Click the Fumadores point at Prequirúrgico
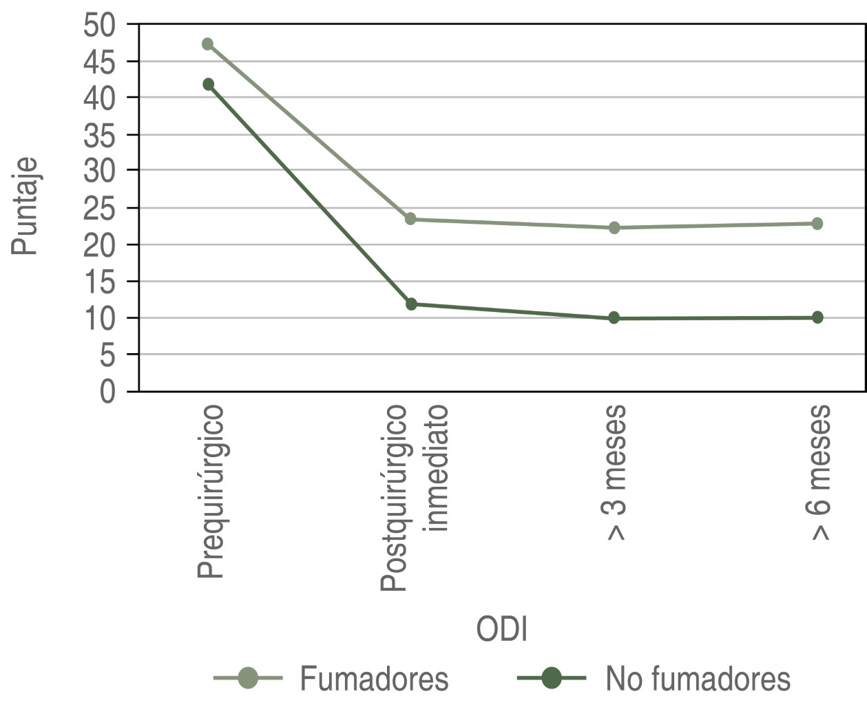coord(207,44)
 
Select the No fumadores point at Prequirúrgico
coord(208,85)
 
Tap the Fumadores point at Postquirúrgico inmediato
coord(410,219)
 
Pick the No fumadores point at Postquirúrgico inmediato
coord(411,304)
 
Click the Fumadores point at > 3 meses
coord(614,227)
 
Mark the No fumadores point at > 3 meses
coord(614,318)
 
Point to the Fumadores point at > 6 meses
coord(817,223)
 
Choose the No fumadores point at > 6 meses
coord(817,317)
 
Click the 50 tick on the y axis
coord(100,25)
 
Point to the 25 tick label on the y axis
coord(100,209)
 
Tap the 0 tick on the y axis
coord(108,392)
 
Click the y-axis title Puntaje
coord(24,207)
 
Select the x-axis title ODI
coord(502,629)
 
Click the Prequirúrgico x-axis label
coord(211,492)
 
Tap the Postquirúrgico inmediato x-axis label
coord(415,497)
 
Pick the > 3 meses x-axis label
coord(616,472)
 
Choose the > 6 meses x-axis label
coord(819,472)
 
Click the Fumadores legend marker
coord(248,678)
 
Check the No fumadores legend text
coord(698,679)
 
